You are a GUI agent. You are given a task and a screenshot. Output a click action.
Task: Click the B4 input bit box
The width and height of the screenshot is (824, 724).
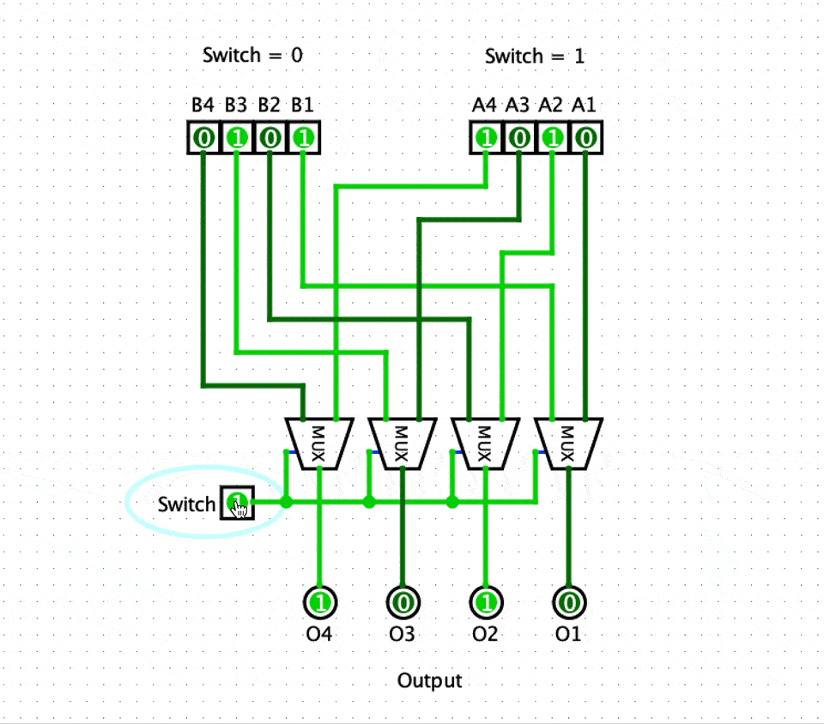coord(203,137)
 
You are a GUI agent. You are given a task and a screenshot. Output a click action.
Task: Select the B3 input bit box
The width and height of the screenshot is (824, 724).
coord(236,137)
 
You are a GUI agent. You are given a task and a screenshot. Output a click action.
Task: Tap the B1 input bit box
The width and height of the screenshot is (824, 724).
coord(302,137)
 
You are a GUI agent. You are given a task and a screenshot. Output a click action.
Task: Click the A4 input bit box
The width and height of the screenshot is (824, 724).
coord(486,137)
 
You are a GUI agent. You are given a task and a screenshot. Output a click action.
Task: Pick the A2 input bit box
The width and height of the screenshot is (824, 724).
coord(552,137)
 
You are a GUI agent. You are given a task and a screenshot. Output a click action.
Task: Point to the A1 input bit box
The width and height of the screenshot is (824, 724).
coord(585,137)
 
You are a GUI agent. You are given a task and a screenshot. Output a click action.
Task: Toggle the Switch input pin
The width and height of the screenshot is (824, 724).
coord(237,503)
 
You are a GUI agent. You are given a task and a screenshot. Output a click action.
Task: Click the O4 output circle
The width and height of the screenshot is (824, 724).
coord(319,601)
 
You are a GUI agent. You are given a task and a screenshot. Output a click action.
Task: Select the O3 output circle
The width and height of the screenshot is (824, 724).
coord(402,601)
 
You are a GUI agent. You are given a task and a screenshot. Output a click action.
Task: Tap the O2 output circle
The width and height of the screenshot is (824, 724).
coord(485,601)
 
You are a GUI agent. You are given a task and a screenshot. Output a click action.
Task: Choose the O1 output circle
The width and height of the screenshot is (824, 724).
coord(567,601)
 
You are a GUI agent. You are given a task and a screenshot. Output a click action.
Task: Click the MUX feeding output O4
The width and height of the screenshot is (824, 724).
coord(318,443)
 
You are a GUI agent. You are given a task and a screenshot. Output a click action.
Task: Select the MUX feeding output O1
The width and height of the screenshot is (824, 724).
coord(567,443)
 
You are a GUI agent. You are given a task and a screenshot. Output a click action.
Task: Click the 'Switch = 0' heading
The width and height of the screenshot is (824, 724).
coord(252,56)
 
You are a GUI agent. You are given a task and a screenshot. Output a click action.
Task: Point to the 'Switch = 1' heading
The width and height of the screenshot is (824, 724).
coord(535,57)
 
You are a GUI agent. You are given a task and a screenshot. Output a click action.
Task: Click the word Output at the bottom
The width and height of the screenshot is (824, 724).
coord(429,680)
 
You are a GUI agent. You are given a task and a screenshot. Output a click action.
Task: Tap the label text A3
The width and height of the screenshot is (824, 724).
coord(518,106)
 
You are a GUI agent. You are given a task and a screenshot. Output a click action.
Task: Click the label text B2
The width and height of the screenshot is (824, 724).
coord(269,106)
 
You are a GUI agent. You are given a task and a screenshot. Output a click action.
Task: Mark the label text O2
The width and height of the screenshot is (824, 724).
coord(485,635)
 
